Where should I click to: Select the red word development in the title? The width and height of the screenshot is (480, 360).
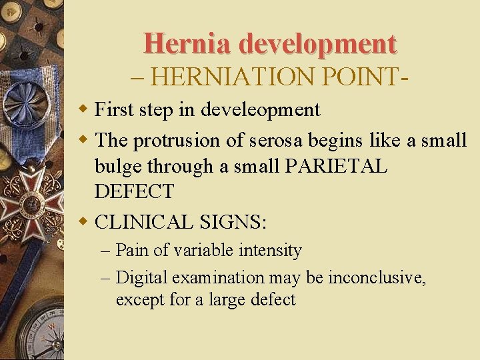pos(317,43)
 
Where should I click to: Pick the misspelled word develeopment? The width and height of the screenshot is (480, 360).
pos(261,109)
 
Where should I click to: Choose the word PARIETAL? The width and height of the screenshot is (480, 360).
pos(335,166)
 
